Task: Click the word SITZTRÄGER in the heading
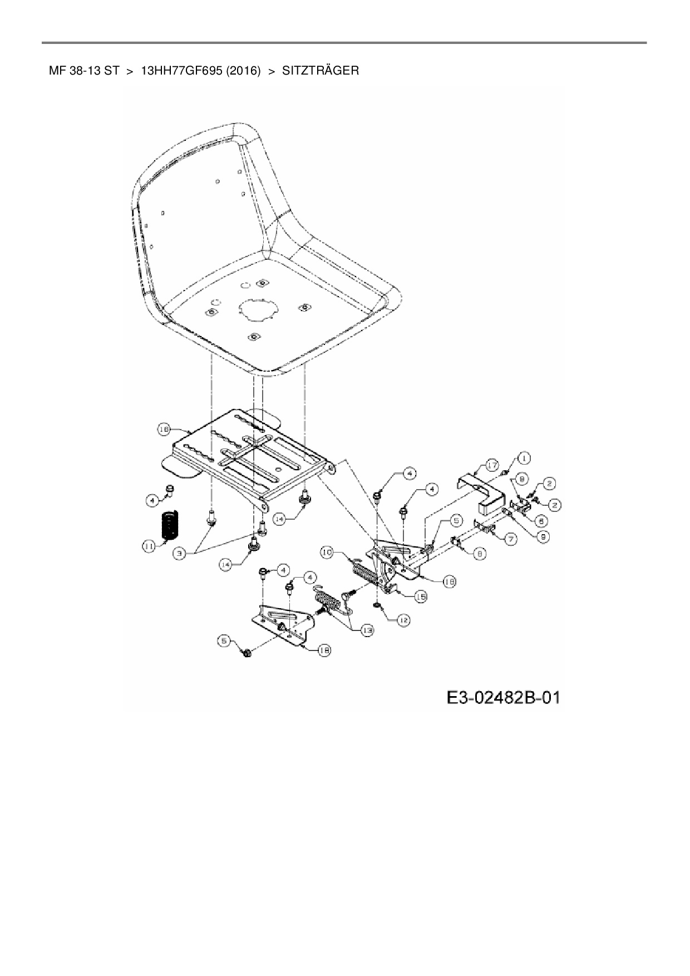321,71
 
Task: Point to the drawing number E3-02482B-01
503,697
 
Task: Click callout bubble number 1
524,458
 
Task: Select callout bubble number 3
179,555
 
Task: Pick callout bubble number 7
511,538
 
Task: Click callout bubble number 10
327,552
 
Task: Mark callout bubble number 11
148,548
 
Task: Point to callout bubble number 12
403,619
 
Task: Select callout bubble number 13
367,630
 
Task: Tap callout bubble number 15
421,597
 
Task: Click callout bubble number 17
491,465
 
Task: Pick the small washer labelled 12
378,604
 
